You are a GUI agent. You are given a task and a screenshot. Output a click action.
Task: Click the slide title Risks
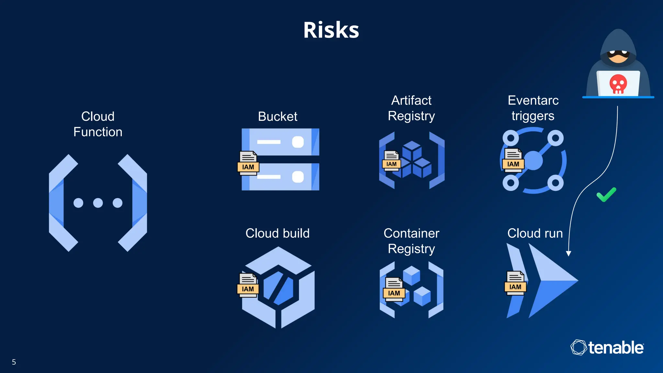pyautogui.click(x=331, y=30)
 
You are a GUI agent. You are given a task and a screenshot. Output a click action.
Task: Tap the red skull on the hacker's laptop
pyautogui.click(x=618, y=84)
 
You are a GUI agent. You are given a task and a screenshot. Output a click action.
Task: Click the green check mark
pyautogui.click(x=606, y=195)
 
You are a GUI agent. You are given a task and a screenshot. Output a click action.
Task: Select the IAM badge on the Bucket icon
pyautogui.click(x=248, y=167)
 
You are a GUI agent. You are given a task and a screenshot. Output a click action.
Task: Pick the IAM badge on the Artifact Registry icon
pyautogui.click(x=391, y=164)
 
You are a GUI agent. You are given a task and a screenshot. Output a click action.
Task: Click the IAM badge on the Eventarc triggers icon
pyautogui.click(x=513, y=164)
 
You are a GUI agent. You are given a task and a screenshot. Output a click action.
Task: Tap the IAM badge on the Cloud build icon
pyautogui.click(x=248, y=289)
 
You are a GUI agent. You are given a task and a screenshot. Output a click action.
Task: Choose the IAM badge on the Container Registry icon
pyautogui.click(x=394, y=293)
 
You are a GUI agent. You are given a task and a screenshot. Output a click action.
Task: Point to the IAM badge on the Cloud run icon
pyautogui.click(x=515, y=287)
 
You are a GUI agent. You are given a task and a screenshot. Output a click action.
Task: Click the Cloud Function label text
pyautogui.click(x=98, y=124)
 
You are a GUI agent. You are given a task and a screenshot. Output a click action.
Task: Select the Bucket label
pyautogui.click(x=277, y=116)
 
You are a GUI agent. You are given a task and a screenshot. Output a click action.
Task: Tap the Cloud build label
pyautogui.click(x=277, y=233)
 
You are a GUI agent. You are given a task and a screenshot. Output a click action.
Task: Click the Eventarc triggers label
pyautogui.click(x=533, y=108)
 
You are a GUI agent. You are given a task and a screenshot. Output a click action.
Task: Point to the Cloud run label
pyautogui.click(x=535, y=233)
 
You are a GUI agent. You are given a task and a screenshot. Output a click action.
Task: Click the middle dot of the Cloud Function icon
pyautogui.click(x=98, y=203)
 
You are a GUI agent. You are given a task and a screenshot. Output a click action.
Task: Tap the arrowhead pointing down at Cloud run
pyautogui.click(x=568, y=254)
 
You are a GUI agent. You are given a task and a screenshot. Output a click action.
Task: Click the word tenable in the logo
pyautogui.click(x=616, y=348)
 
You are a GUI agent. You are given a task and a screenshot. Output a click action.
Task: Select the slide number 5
pyautogui.click(x=14, y=362)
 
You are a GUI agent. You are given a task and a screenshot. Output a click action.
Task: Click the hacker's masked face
pyautogui.click(x=618, y=56)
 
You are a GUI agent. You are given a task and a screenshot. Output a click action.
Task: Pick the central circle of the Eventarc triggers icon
pyautogui.click(x=533, y=161)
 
